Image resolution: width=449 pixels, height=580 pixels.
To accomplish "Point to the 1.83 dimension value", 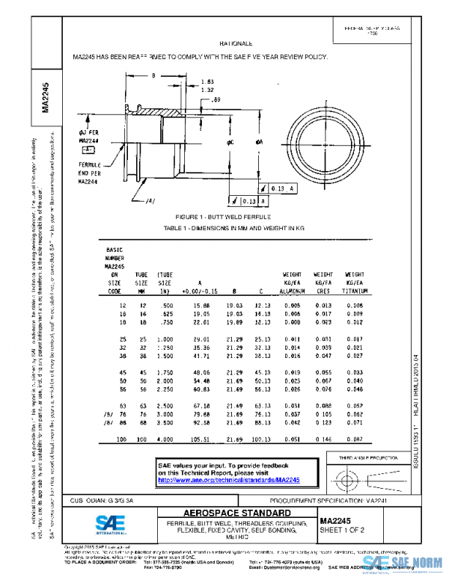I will coord(207,81).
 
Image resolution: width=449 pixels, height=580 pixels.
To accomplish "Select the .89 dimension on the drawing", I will coord(216,99).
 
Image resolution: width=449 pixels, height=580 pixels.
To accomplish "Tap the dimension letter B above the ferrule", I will coord(153,76).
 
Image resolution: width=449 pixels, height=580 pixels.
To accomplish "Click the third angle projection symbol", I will coord(372,477).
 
